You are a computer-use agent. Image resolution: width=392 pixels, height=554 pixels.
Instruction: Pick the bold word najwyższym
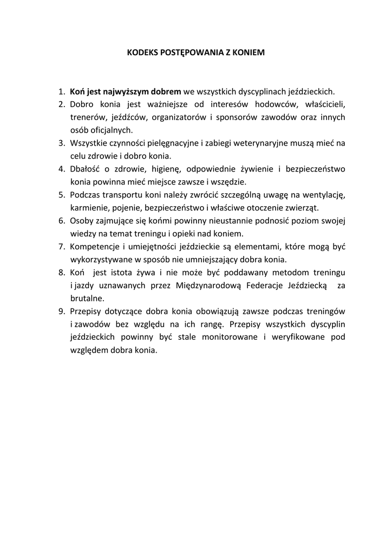[x=126, y=91]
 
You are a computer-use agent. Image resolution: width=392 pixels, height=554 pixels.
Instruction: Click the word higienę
[x=162, y=169]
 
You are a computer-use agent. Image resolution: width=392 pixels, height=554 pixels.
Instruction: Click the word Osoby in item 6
[x=81, y=221]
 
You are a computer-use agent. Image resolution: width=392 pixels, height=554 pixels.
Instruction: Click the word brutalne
[x=87, y=298]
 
